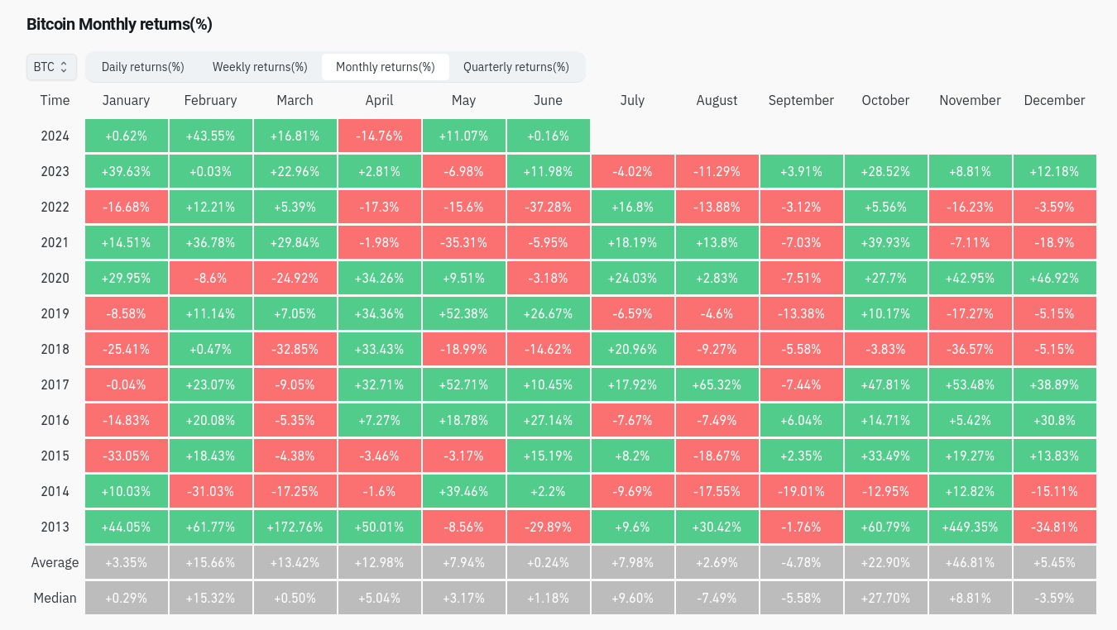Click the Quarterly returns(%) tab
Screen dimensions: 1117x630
coord(516,67)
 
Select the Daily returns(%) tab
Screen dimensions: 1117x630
coord(142,67)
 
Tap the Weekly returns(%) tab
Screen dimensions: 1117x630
coord(260,67)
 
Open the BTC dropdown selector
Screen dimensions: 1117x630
coord(51,67)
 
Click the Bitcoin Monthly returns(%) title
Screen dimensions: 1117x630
coord(119,24)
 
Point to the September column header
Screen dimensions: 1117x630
coord(801,100)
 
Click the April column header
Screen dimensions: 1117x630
coord(379,100)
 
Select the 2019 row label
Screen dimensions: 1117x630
coord(55,313)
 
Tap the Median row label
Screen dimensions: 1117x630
coord(55,598)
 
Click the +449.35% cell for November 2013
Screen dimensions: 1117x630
coord(970,527)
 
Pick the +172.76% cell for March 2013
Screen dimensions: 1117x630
coord(295,527)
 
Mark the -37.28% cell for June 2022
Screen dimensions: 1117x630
coord(548,207)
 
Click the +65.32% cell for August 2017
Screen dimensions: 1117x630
coord(717,384)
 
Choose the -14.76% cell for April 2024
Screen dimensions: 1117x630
coord(379,136)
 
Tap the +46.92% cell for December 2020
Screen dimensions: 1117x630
coord(1054,278)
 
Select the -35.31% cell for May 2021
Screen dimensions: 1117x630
coord(463,242)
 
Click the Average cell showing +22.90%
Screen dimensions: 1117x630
coord(885,562)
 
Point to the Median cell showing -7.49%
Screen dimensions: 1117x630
coord(717,598)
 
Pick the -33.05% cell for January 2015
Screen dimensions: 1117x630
coord(126,456)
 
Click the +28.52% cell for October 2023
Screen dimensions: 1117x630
coord(885,171)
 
